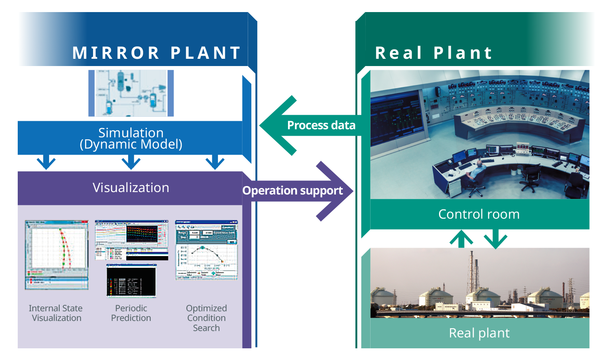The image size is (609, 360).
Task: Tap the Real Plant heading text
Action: pos(433,53)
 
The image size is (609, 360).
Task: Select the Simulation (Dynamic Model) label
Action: pos(131,138)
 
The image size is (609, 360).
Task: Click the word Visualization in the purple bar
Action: pos(131,188)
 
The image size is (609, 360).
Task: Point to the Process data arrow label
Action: pos(321,126)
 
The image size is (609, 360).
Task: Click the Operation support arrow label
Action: pos(292,190)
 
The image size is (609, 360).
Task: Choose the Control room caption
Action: pos(479,214)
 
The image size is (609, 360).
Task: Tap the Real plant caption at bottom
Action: pos(479,333)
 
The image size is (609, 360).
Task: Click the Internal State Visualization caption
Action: pos(56,313)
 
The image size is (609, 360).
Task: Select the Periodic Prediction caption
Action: pos(131,313)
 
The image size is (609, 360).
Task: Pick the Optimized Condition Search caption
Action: pos(206,318)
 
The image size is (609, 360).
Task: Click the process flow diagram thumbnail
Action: pos(131,93)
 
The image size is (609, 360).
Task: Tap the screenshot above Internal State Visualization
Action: pos(56,254)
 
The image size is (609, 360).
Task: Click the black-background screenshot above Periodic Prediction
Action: pos(131,281)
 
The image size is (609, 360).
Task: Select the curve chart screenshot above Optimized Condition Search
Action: pos(206,250)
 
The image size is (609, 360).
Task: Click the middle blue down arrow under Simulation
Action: pos(131,162)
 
